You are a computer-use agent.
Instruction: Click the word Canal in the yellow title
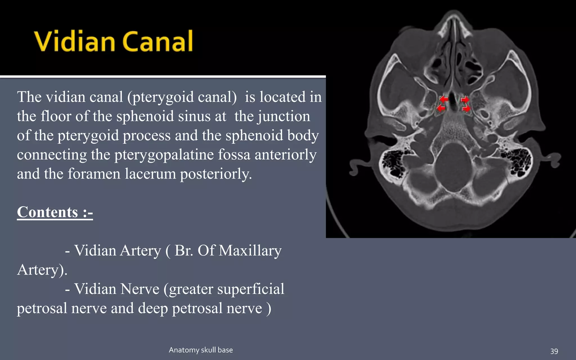[157, 41]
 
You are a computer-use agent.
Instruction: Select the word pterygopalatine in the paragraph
[164, 154]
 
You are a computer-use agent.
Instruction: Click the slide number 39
[554, 351]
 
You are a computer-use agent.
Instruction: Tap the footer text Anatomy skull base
[201, 350]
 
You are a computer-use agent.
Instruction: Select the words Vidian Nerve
[117, 289]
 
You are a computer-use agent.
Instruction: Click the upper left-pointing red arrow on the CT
[444, 99]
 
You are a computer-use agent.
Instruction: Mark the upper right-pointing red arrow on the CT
[465, 100]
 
